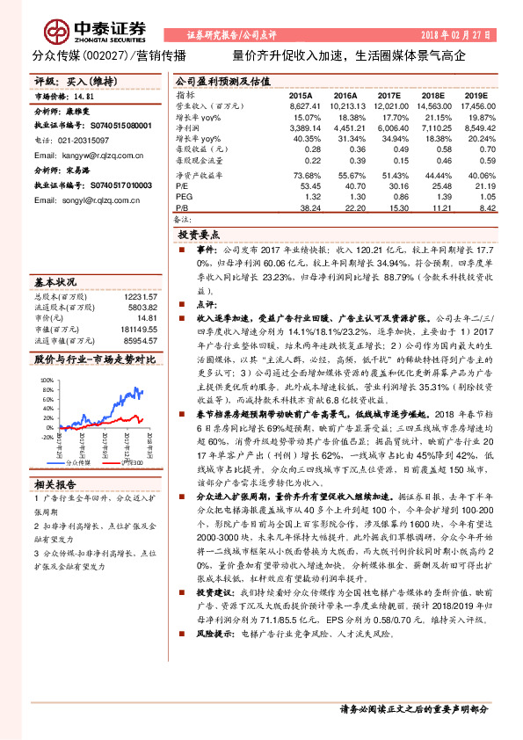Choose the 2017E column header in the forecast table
click(389, 94)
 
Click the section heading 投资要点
click(200, 236)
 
